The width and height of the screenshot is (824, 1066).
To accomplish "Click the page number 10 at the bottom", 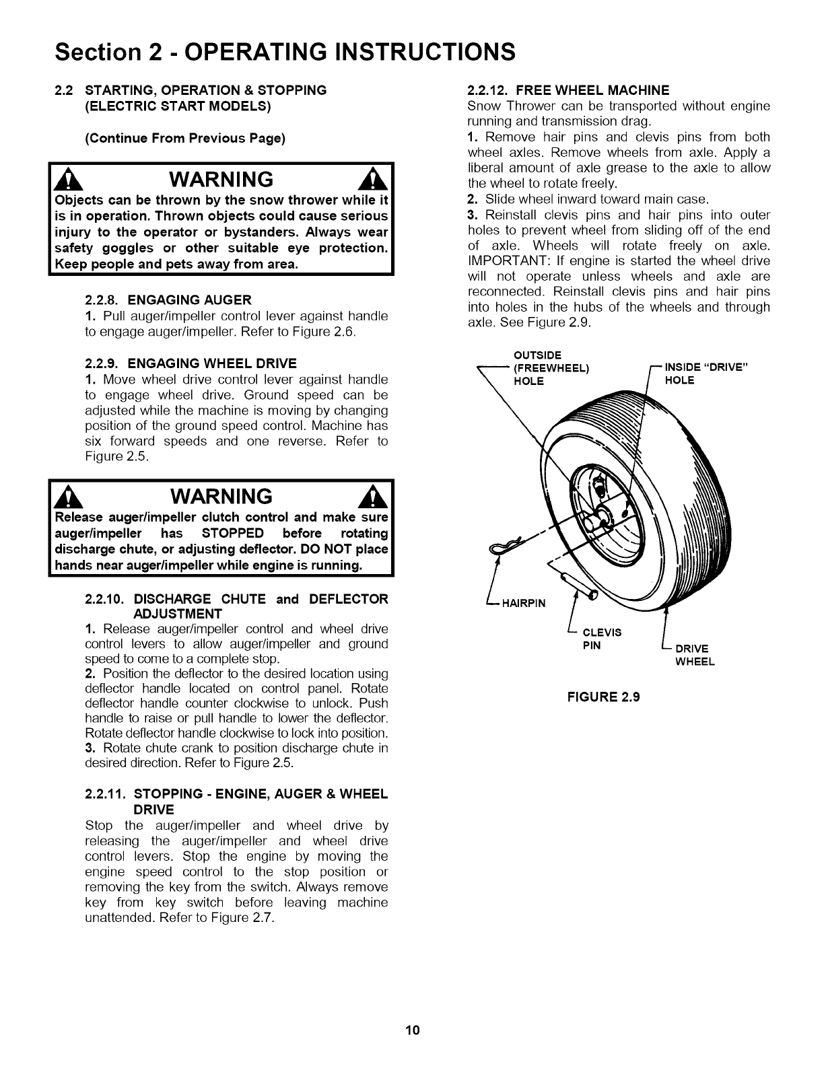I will (x=413, y=1030).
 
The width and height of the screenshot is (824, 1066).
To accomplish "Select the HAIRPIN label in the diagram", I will (x=521, y=603).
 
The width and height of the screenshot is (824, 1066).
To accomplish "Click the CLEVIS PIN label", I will (x=601, y=639).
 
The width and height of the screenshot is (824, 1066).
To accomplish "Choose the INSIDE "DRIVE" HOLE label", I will (x=706, y=374).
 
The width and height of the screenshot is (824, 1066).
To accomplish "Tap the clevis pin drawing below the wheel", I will (x=580, y=582).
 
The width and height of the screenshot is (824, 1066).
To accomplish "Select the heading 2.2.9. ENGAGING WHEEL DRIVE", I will (x=191, y=363).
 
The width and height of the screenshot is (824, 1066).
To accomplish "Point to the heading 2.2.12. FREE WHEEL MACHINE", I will (x=568, y=90).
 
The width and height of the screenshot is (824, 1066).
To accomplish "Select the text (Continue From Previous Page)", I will (x=185, y=139).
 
